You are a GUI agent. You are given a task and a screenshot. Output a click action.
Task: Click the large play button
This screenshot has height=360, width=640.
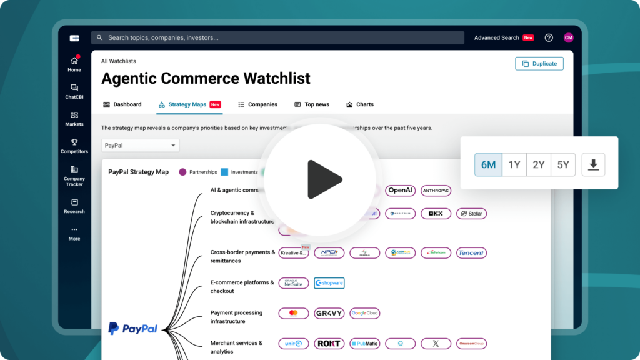(x=320, y=180)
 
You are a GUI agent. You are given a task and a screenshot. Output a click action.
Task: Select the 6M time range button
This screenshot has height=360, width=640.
(x=488, y=165)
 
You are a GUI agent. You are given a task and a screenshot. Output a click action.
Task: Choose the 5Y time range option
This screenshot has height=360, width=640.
(x=563, y=165)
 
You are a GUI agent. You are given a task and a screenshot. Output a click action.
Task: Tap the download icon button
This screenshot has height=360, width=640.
(x=594, y=165)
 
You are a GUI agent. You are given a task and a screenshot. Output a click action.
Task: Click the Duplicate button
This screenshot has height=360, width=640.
(x=539, y=64)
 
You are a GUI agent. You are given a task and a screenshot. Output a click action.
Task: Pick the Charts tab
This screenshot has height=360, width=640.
(x=360, y=104)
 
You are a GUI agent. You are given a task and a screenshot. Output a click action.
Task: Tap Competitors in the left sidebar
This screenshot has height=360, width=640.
(x=74, y=146)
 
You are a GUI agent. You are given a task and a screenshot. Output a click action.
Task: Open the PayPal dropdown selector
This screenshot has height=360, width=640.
(x=141, y=146)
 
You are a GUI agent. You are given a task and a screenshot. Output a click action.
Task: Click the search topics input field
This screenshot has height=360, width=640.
(x=277, y=38)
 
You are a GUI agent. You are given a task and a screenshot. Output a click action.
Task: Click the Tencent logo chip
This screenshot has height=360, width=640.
(x=471, y=253)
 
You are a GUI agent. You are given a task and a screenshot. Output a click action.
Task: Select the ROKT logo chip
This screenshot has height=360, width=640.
(x=329, y=343)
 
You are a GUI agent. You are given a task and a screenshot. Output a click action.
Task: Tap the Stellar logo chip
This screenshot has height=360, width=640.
(x=471, y=214)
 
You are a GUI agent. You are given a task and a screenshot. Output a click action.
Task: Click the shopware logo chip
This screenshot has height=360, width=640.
(x=329, y=283)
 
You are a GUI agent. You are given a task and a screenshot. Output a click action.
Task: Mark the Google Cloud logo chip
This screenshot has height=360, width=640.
(x=364, y=313)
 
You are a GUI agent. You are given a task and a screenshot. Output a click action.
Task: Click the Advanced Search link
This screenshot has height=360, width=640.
(x=497, y=38)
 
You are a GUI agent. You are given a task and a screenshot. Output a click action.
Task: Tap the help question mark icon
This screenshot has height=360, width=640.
(x=549, y=38)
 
